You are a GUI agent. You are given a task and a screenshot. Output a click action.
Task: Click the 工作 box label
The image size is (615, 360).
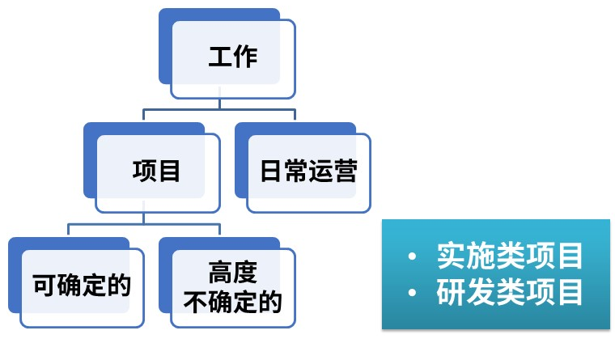(x=233, y=58)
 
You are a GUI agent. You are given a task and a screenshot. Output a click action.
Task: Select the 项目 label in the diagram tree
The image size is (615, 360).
(x=156, y=171)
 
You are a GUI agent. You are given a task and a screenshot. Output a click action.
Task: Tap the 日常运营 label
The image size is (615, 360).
(x=308, y=172)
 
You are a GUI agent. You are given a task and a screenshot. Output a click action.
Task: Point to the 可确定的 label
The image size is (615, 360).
(x=82, y=285)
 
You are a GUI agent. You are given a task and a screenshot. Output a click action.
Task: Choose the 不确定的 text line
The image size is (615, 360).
(x=232, y=303)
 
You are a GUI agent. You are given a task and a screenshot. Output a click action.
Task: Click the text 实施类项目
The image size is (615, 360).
(x=509, y=256)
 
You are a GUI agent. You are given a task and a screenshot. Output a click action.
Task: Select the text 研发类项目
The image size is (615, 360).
(x=509, y=292)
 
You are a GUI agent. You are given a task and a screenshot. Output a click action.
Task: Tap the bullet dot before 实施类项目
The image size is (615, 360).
(x=413, y=257)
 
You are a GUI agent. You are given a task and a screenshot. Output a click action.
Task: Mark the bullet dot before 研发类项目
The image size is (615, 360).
(x=413, y=294)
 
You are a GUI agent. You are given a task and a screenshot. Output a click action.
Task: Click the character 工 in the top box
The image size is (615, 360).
(x=221, y=58)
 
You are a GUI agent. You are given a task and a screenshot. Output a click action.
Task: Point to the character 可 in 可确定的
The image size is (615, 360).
(x=45, y=285)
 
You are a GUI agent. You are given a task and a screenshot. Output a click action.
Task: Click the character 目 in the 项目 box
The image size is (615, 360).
(x=168, y=171)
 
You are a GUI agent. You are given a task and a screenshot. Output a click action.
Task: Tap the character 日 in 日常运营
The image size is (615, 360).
(x=272, y=172)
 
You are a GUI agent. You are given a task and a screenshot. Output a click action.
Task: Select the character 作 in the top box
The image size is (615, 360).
(x=245, y=58)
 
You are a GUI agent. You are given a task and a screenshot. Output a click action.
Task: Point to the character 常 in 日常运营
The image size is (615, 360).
(x=296, y=172)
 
